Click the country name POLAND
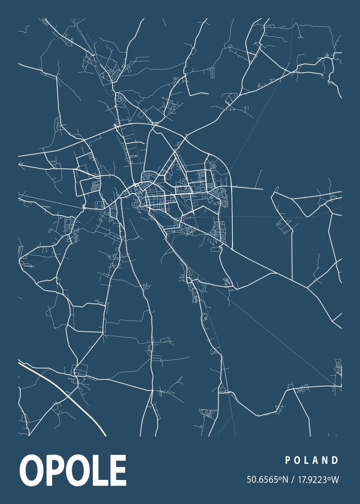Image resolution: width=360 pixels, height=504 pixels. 312,460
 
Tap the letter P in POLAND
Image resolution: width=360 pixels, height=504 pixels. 288,460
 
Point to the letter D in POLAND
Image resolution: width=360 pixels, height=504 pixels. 335,460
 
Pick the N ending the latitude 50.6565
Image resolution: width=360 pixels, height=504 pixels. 285,479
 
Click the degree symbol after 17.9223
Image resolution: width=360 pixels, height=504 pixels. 329,477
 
